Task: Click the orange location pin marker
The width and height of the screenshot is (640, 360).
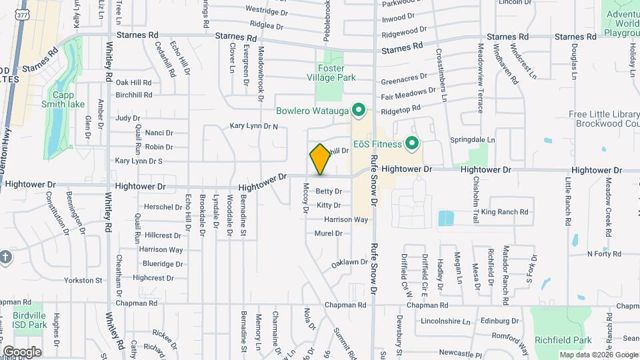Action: pos(320,159)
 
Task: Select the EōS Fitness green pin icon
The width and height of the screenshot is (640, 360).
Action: pos(411,143)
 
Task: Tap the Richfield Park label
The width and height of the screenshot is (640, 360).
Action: pos(572,340)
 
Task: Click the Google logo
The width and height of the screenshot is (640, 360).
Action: pos(22,351)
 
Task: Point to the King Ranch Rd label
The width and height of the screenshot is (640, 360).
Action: pos(505,212)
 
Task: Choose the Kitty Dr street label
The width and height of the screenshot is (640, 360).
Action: pos(329,205)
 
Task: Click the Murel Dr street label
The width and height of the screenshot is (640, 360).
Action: pos(328,233)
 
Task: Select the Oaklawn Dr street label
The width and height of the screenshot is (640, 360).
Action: pos(350,263)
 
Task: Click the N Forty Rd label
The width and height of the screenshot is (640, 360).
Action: pos(604,253)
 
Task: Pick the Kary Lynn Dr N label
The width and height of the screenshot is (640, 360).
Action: pos(253,125)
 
